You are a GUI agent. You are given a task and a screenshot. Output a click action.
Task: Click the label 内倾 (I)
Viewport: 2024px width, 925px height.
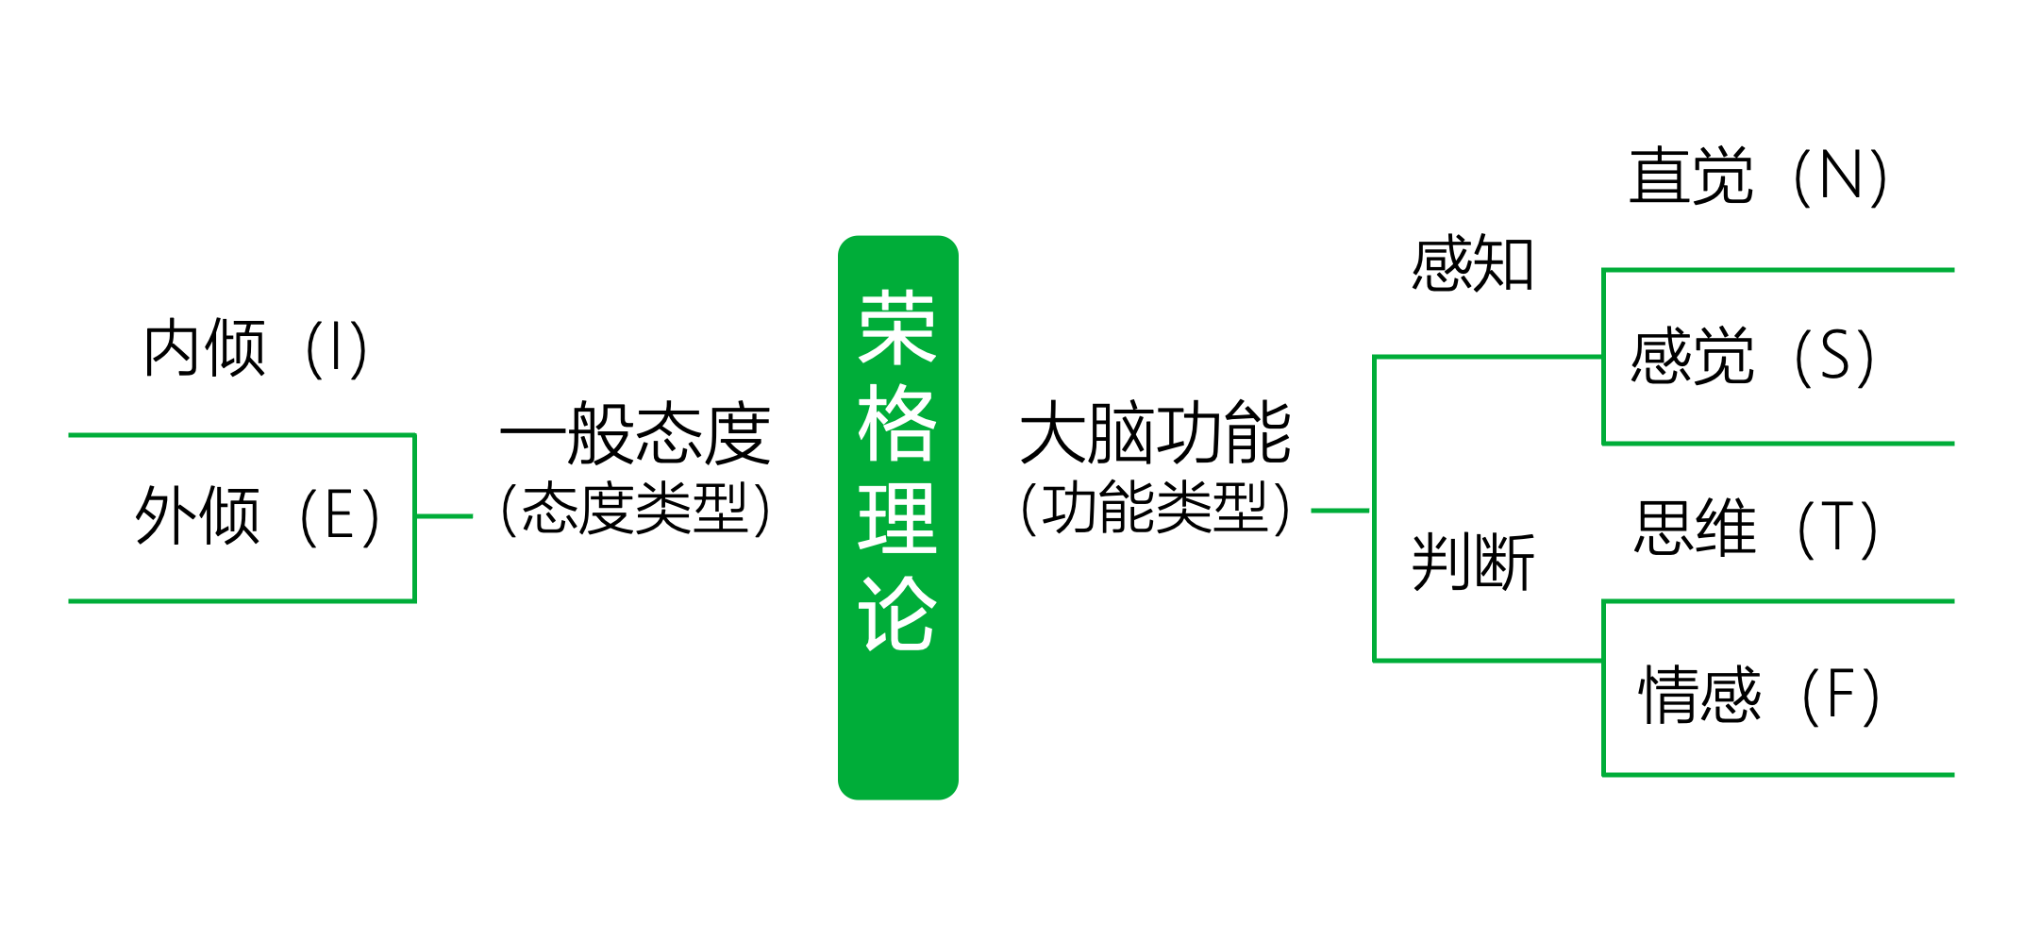click(255, 348)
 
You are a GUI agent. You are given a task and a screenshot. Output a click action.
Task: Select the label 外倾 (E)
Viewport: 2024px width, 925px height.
click(258, 515)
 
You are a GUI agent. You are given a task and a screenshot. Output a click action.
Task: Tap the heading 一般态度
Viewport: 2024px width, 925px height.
click(635, 433)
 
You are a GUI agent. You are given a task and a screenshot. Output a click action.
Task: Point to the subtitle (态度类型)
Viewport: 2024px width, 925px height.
click(635, 508)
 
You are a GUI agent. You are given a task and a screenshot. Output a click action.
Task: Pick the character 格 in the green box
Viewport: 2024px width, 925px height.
click(897, 423)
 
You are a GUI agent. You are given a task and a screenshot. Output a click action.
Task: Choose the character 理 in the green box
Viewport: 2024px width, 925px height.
click(897, 518)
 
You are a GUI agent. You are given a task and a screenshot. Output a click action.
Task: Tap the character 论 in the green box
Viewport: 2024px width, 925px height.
click(897, 614)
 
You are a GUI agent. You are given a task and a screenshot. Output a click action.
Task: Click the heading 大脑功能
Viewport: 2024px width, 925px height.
click(1155, 432)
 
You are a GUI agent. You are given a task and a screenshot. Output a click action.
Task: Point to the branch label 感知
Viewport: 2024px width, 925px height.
click(1472, 263)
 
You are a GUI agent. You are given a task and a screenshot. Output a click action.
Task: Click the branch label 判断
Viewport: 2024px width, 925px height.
click(1472, 562)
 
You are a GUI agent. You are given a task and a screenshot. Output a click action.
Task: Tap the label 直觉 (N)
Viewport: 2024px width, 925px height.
click(1758, 176)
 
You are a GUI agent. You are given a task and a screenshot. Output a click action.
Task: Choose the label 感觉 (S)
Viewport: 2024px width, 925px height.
click(1752, 356)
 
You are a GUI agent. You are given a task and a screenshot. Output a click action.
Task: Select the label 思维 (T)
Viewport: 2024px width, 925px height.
click(1756, 528)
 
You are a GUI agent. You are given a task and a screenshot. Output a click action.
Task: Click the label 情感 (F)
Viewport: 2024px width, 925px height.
click(1760, 695)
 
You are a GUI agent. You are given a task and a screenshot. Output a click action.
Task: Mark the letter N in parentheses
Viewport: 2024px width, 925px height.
click(1840, 176)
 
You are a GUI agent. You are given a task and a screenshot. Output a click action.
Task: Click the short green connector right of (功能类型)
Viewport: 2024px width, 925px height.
click(1341, 511)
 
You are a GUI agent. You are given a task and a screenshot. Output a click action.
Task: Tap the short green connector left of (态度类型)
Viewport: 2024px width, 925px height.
click(444, 516)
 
